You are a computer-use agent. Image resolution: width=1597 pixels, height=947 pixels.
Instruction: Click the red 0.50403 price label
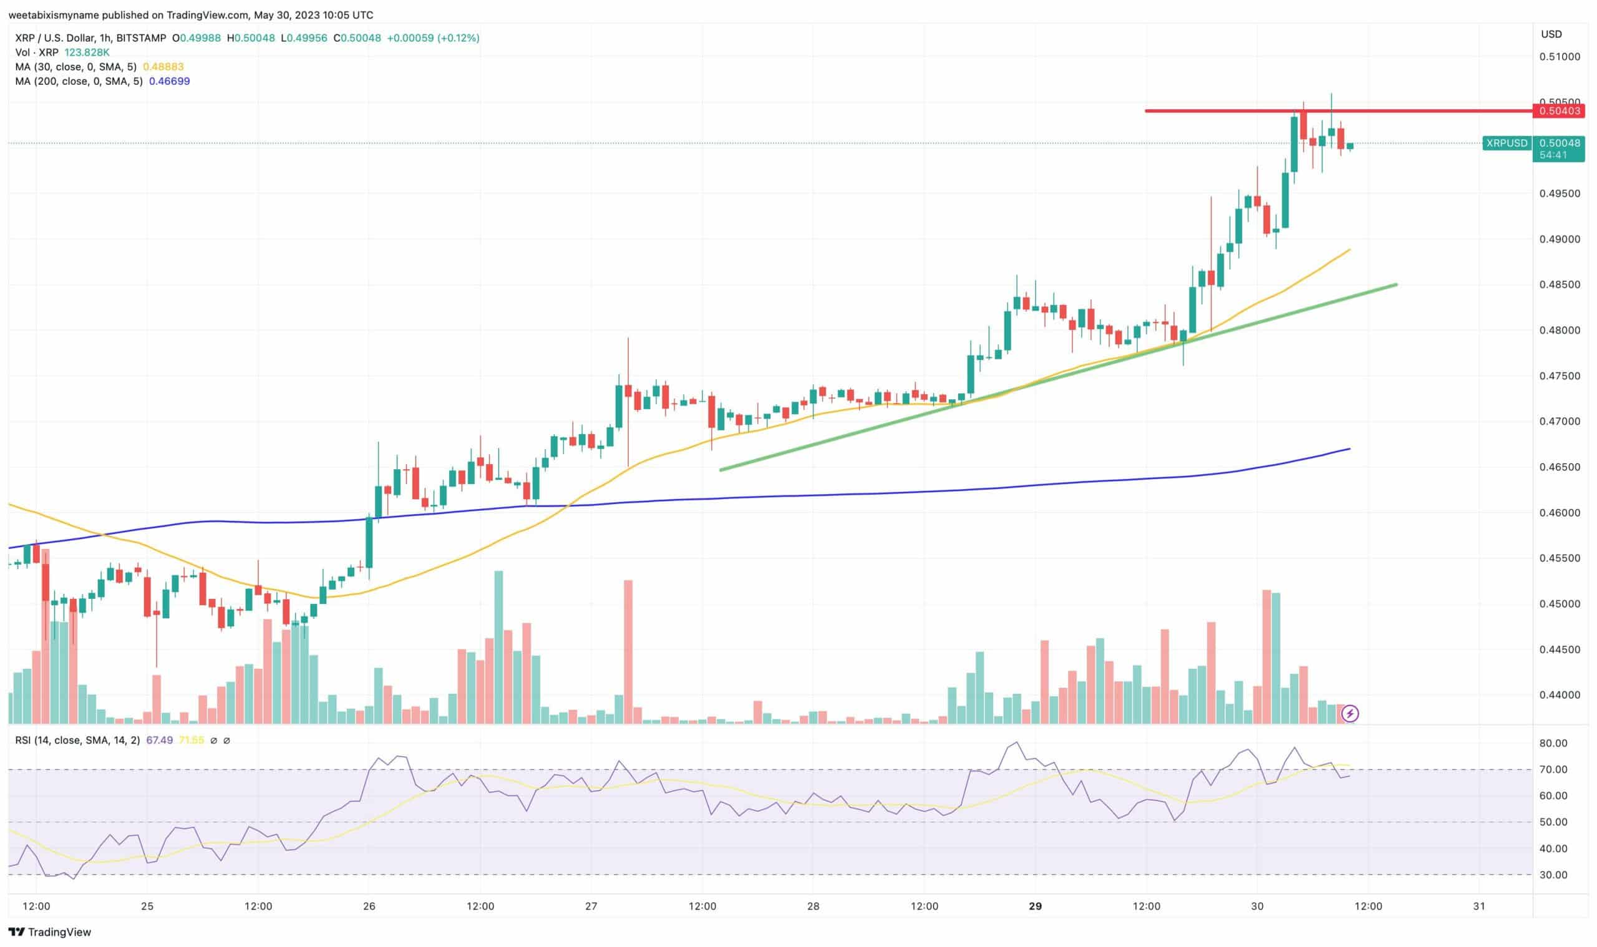[1559, 111]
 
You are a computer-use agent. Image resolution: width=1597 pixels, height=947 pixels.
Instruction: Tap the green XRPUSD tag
[1507, 143]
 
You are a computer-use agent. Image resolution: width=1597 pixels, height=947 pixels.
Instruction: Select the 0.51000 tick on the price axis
[1559, 57]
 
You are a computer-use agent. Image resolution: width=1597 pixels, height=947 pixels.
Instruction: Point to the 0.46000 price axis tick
[1559, 512]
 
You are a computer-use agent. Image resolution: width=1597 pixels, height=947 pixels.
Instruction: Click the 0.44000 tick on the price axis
[1559, 695]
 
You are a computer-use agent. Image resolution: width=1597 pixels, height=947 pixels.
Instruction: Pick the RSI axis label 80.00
[1553, 744]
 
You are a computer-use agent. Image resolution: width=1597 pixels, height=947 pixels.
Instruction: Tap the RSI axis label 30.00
[1553, 875]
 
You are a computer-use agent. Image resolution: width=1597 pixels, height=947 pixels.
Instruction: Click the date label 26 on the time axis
[369, 906]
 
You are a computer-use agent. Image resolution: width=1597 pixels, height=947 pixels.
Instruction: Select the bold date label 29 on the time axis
[1035, 906]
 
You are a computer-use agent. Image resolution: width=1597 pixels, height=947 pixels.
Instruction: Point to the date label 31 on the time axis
[1479, 906]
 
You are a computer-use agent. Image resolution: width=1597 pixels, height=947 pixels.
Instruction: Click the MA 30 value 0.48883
[163, 67]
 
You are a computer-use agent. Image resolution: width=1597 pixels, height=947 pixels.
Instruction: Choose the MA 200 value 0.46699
[169, 82]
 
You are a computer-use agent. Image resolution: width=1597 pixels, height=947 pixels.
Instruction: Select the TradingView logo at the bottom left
[50, 932]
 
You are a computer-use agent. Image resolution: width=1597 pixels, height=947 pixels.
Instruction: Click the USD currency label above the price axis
[1551, 34]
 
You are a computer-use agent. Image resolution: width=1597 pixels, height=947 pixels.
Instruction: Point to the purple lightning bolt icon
[1349, 714]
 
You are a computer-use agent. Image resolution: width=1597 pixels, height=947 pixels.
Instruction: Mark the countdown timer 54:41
[1552, 155]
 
